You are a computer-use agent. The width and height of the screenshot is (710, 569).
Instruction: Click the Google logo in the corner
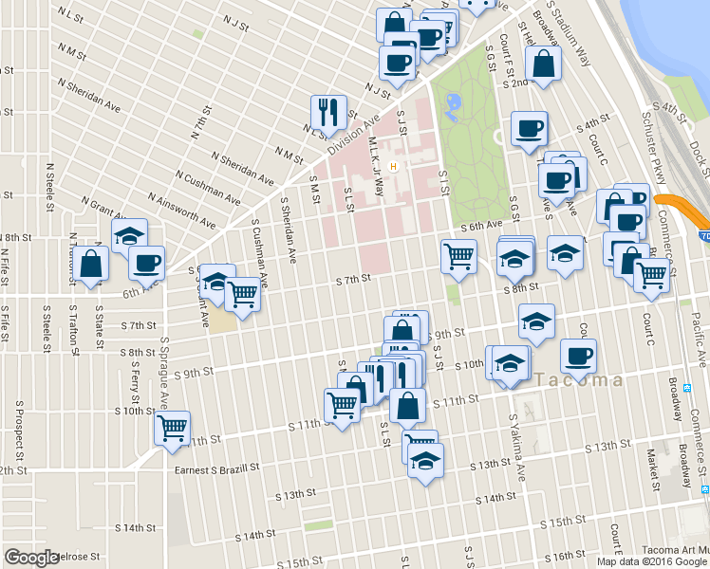30,558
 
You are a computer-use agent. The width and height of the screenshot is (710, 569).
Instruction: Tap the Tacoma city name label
580,380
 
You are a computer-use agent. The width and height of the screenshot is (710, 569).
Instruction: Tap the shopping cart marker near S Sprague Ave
172,428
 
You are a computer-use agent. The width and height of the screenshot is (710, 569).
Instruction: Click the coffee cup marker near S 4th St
529,128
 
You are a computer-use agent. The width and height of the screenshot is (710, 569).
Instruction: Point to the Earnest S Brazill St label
217,468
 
